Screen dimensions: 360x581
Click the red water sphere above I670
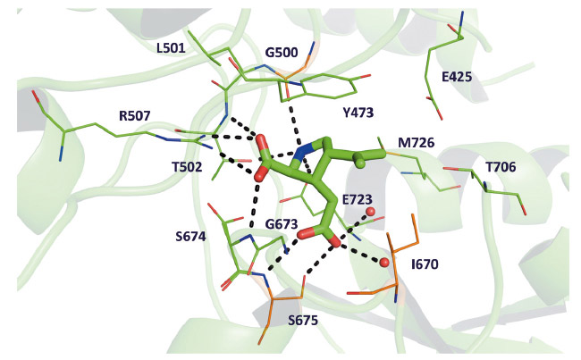coord(384,263)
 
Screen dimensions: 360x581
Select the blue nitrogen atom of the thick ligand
coord(305,152)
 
